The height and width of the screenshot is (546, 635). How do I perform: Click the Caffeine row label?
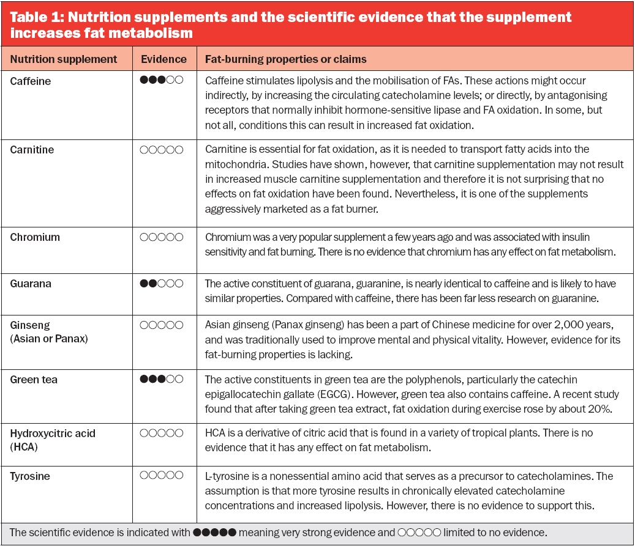[31, 81]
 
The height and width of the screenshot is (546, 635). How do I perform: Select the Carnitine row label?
[32, 150]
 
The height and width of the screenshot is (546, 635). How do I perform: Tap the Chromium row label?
[35, 237]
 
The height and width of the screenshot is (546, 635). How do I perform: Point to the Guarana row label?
[31, 284]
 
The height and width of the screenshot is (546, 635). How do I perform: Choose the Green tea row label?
[34, 380]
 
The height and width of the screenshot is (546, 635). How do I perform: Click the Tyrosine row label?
[30, 476]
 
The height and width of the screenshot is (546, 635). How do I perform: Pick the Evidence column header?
[163, 59]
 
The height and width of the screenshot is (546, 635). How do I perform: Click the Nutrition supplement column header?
[64, 59]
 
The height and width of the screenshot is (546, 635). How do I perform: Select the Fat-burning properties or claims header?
[285, 59]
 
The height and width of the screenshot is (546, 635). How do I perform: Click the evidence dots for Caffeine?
[161, 80]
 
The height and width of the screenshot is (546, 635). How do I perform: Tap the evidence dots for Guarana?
[161, 283]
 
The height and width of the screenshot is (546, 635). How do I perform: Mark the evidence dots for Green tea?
[161, 379]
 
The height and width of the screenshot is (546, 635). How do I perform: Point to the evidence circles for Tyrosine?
[161, 475]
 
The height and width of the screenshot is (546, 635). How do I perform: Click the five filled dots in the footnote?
[214, 533]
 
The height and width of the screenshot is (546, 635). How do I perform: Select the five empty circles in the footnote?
[419, 533]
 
